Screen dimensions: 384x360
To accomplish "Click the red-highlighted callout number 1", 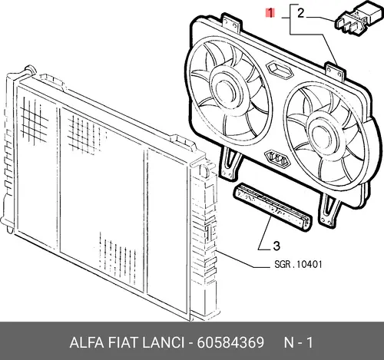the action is (x=270, y=13).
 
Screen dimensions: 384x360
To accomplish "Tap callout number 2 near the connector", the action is (x=301, y=13).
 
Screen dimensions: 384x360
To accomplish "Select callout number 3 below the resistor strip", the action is (x=276, y=246).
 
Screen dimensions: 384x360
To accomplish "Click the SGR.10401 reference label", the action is (x=298, y=264).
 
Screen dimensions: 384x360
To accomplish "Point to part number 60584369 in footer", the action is (x=230, y=342).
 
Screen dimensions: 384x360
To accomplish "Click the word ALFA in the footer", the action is (x=87, y=342).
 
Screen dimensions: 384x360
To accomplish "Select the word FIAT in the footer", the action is (x=124, y=342).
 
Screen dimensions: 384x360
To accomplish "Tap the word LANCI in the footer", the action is (x=163, y=342).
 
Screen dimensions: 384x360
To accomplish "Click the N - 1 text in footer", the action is (x=298, y=342).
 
